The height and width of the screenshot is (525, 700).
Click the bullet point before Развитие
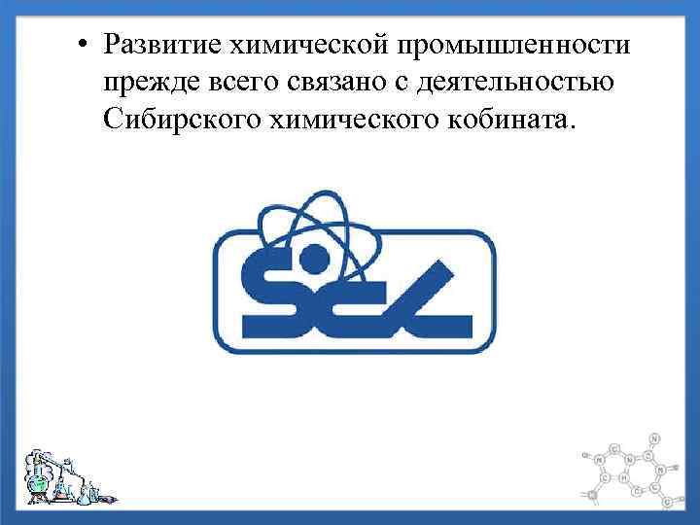click(87, 45)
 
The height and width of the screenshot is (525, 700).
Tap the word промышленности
click(510, 45)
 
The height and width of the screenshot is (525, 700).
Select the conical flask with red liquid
click(64, 486)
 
